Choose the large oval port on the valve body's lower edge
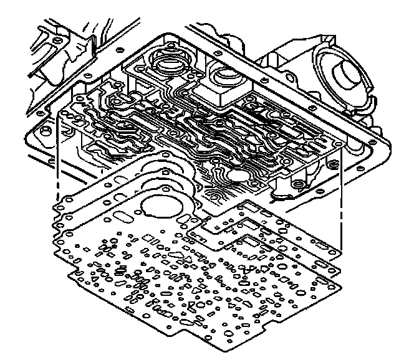(238, 176)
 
